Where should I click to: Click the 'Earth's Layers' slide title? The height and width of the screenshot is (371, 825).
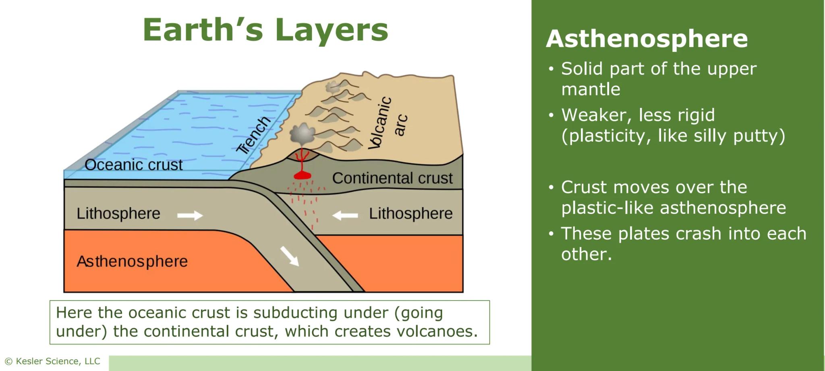pos(265,30)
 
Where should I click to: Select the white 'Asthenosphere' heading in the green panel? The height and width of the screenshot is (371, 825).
pos(647,39)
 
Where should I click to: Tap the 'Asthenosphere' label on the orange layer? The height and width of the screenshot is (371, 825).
pos(132,262)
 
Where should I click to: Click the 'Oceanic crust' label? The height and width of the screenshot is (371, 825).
pos(133,165)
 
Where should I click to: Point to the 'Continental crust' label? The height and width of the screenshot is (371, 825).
pos(392,178)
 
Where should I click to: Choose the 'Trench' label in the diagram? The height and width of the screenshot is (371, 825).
pos(253,135)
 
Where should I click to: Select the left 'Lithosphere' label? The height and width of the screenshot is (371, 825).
pos(118,213)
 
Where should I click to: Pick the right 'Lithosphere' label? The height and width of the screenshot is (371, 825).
pos(410,213)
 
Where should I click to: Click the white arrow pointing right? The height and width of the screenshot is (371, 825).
pos(190,215)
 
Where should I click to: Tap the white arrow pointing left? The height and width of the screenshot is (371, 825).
pos(345,216)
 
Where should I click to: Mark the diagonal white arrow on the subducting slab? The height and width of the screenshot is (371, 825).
pos(290,256)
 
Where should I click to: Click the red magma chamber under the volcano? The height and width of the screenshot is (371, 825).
pos(302,175)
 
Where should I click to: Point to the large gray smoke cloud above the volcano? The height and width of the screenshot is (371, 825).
pos(303,134)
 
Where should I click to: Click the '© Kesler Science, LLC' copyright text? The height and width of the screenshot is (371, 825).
pos(52,361)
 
